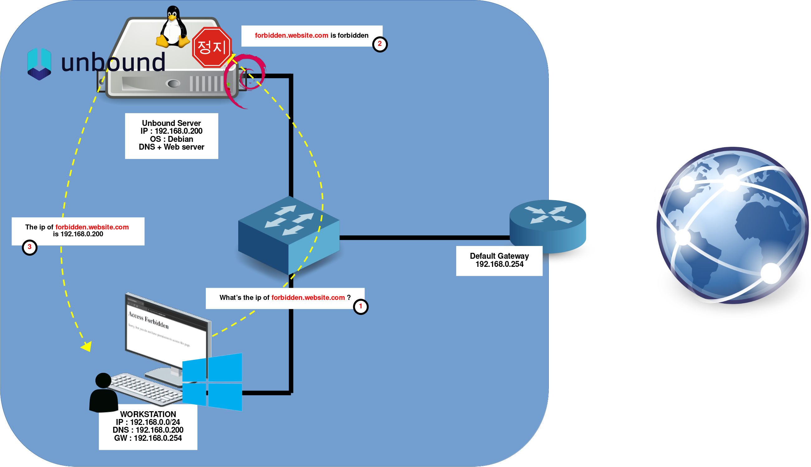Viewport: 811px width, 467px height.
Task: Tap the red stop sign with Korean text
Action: (x=212, y=47)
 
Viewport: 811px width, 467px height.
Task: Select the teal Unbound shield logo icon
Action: (x=39, y=64)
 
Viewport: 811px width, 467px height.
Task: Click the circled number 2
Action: (x=379, y=44)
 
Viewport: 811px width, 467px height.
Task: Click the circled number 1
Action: (x=360, y=307)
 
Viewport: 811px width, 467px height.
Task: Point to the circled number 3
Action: (x=30, y=247)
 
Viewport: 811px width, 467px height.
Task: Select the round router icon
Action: (x=548, y=224)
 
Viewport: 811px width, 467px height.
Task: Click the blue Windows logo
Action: (x=212, y=382)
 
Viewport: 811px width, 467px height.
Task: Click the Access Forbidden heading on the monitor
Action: (x=148, y=320)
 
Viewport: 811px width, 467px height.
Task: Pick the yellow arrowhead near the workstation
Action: (x=87, y=346)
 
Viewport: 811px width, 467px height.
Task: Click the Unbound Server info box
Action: (x=171, y=135)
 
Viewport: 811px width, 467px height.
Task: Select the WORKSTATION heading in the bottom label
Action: (x=148, y=414)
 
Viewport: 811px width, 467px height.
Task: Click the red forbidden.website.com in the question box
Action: (x=308, y=298)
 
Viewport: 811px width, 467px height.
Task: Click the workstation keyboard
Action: (x=146, y=388)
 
